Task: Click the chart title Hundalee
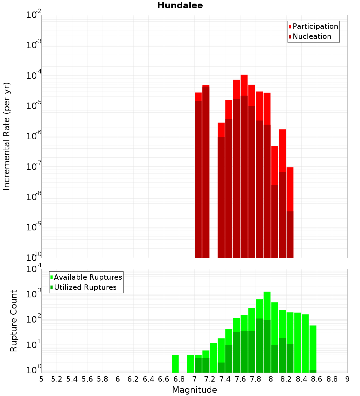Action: coord(180,5)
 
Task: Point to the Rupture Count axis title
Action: coord(14,321)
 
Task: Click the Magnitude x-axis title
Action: coord(194,390)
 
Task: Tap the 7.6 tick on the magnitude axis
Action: coord(240,379)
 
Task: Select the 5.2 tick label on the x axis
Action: coord(57,379)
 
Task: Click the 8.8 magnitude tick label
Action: coord(332,379)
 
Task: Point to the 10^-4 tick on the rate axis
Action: coord(34,76)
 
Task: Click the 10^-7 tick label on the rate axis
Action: coord(34,167)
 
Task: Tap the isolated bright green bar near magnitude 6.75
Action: coord(175,364)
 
